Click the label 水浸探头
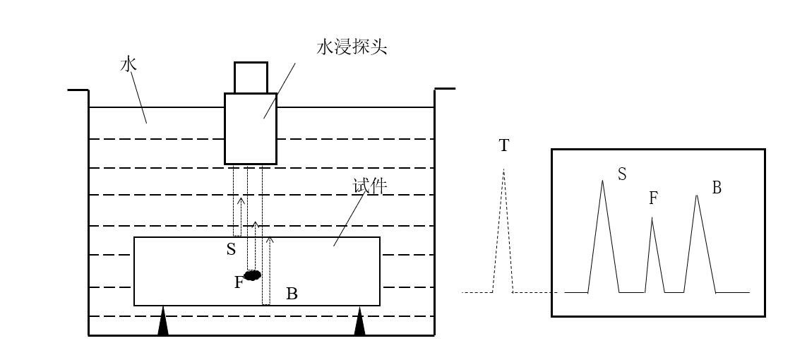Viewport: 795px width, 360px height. click(352, 48)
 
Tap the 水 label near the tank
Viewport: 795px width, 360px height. click(128, 65)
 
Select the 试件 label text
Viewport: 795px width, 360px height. click(369, 186)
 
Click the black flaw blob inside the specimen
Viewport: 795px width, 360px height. click(252, 275)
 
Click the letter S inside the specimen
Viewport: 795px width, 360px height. click(231, 250)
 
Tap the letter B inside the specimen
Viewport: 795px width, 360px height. click(292, 294)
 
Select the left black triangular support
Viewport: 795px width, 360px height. click(163, 322)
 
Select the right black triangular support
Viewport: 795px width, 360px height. click(359, 322)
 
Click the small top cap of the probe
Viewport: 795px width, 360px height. click(251, 78)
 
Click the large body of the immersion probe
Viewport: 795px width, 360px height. click(251, 128)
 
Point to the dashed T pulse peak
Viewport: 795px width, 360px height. click(503, 172)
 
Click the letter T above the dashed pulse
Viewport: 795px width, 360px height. click(503, 146)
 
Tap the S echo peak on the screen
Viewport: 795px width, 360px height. click(602, 182)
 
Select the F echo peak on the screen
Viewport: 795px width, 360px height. click(652, 220)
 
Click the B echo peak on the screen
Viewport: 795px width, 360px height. click(697, 197)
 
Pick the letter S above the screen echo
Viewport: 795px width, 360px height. click(621, 174)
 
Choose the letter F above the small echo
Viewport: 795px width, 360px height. click(653, 199)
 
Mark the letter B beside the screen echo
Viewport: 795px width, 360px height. click(716, 188)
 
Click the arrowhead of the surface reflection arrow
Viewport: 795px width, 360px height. click(240, 201)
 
